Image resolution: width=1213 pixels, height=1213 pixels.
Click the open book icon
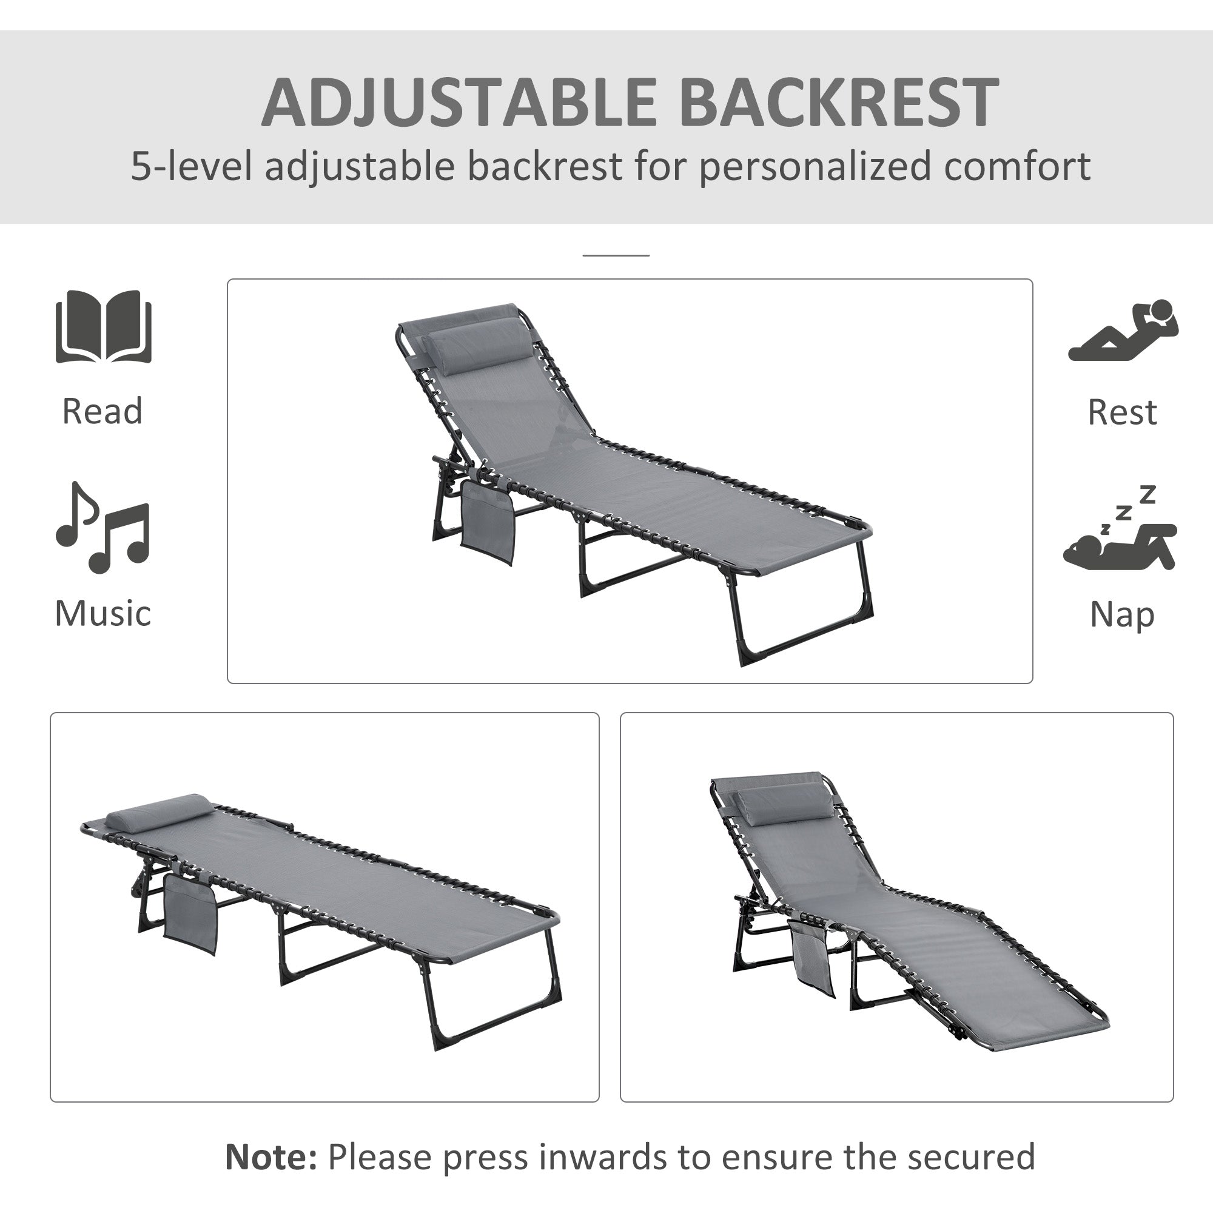point(104,326)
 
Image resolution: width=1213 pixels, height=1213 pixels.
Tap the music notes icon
point(102,528)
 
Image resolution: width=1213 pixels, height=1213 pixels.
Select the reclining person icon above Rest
point(1123,331)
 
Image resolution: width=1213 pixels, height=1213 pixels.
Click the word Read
point(102,411)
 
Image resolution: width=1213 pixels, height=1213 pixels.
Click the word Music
point(102,613)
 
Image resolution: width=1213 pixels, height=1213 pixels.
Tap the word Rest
point(1122,412)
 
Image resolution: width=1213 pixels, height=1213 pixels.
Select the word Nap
point(1122,614)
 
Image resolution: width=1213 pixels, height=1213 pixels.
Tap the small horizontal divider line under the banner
point(615,255)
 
